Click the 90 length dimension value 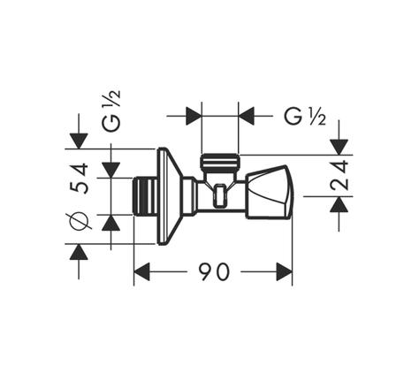214,271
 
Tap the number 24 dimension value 339,175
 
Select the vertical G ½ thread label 111,110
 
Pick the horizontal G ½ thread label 305,117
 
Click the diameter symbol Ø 79,220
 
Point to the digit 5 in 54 79,187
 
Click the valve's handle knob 270,192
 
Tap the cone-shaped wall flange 169,196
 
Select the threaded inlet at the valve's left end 144,196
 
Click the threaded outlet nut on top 220,163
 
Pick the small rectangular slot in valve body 220,195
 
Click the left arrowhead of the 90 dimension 142,271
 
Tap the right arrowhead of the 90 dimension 284,271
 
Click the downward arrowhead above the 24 339,147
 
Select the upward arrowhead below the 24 339,204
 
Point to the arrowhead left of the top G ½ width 194,116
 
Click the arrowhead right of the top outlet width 247,116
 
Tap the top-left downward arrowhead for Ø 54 79,141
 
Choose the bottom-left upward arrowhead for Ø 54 79,252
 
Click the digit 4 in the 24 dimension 339,168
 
